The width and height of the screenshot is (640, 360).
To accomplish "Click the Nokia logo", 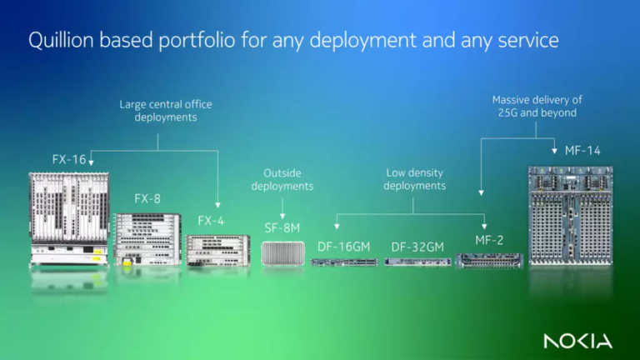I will (577, 341).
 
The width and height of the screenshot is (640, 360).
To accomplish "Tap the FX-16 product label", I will (68, 157).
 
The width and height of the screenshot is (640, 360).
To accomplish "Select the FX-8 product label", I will (147, 199).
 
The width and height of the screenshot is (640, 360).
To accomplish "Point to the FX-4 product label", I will (210, 221).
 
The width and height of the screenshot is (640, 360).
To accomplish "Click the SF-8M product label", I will (282, 227).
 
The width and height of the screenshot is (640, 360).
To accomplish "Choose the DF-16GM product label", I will (343, 247).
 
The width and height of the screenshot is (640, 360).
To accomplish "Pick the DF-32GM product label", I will (417, 247).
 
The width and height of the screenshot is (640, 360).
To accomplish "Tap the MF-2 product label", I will (490, 240).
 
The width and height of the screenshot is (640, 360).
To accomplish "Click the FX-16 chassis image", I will (68, 218).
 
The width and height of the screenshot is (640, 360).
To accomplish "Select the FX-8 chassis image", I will (147, 238).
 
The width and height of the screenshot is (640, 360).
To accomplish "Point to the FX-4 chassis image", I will (217, 249).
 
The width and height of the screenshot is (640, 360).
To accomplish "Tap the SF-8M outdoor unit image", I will (282, 253).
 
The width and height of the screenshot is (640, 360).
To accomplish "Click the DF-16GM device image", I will (343, 262).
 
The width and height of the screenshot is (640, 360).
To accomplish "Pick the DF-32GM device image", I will (417, 262).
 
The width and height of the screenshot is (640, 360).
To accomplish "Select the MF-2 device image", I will (488, 260).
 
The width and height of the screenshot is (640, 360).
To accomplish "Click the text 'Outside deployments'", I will (282, 180).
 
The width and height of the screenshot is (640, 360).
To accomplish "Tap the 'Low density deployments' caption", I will (414, 179).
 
